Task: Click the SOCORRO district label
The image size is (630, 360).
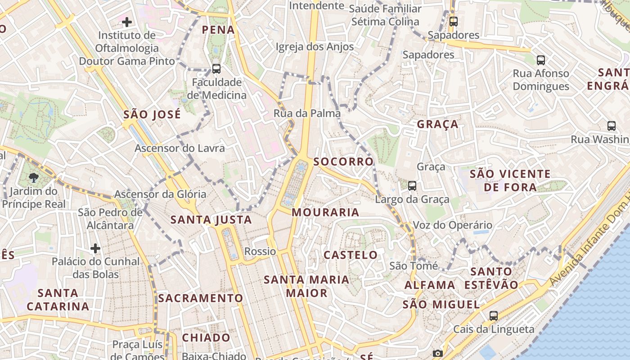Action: (343, 162)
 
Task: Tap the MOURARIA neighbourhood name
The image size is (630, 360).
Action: (325, 212)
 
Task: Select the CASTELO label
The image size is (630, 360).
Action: (351, 255)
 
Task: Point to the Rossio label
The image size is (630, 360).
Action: (260, 252)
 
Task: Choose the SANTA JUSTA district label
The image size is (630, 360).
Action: (211, 220)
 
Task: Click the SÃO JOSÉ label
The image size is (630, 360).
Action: (152, 115)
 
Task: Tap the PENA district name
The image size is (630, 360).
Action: (218, 30)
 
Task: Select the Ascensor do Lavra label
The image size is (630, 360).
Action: (180, 148)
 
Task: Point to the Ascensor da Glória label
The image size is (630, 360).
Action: (160, 194)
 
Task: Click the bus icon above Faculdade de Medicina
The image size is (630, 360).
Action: (216, 69)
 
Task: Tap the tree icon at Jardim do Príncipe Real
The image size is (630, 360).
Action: (34, 177)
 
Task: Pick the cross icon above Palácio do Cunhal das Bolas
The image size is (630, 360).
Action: (95, 248)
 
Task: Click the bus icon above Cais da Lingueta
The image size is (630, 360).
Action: (494, 315)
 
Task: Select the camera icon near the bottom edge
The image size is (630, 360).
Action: (438, 354)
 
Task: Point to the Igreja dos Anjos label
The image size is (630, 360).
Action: (315, 47)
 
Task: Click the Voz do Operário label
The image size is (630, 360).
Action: (452, 225)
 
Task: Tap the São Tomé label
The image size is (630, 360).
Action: (413, 266)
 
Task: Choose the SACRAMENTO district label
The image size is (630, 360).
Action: (200, 298)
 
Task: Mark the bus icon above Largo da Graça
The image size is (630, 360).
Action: (412, 185)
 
